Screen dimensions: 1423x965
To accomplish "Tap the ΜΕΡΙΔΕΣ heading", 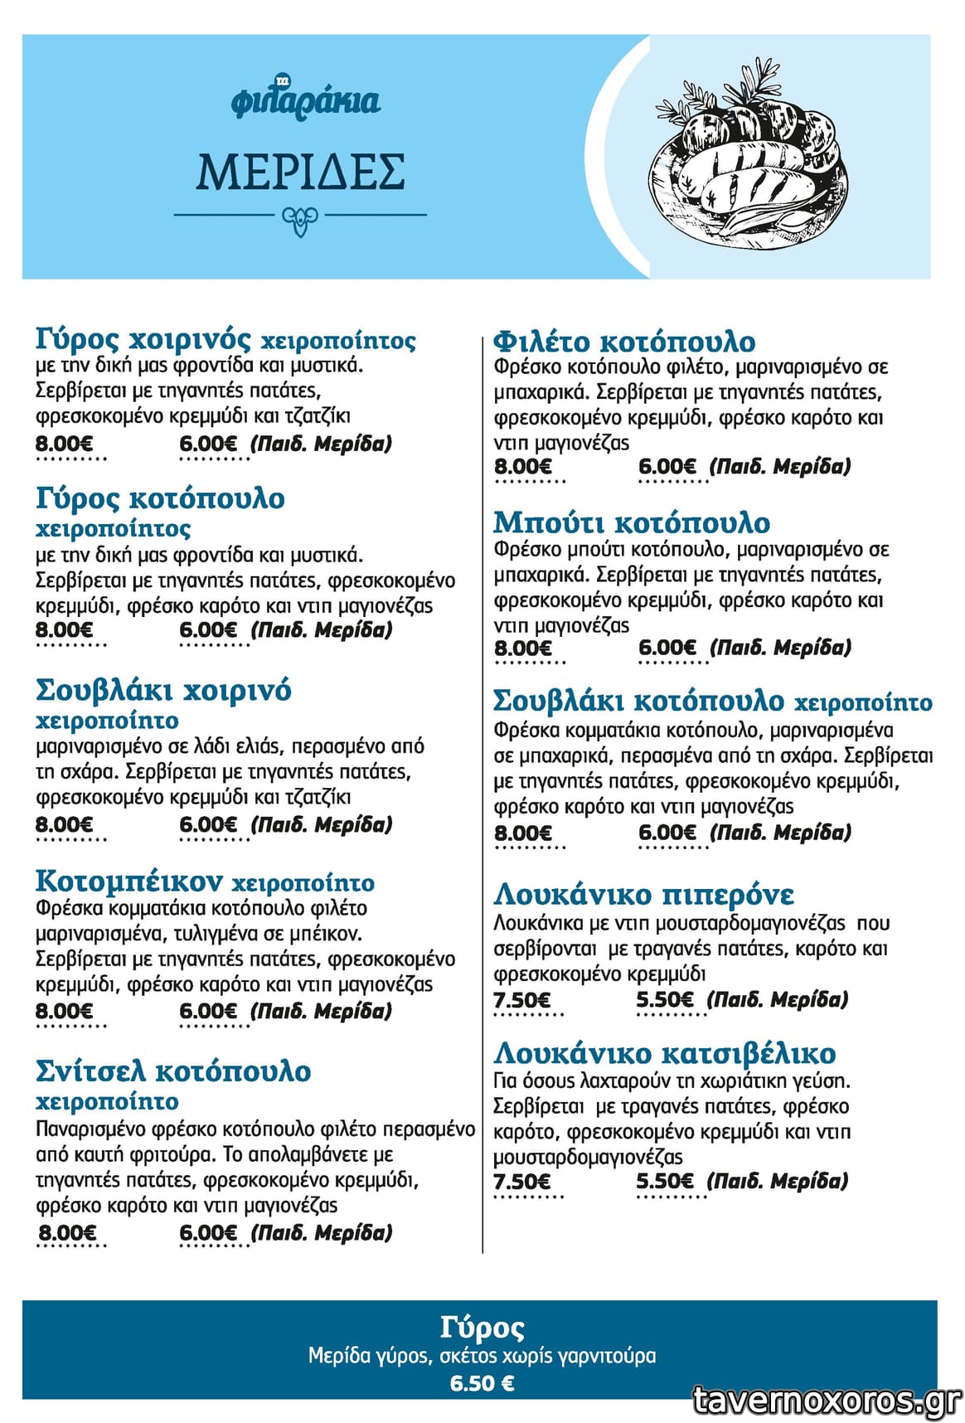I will click(x=300, y=171).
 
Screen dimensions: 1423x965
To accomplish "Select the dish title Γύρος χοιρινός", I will click(x=143, y=339).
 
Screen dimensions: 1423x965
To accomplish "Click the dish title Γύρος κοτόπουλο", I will click(x=160, y=498).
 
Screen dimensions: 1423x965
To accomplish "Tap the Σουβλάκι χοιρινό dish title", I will click(x=163, y=690).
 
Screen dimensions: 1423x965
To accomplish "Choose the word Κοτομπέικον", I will click(x=129, y=880).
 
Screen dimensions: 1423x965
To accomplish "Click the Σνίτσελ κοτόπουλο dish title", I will click(x=173, y=1071).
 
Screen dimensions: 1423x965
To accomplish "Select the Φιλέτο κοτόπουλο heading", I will click(x=624, y=342).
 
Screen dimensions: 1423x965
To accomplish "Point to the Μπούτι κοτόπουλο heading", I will click(x=632, y=522).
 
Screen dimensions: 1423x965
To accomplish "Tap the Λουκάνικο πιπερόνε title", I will click(x=643, y=895).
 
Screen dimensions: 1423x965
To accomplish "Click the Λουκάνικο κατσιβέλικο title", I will click(x=665, y=1053).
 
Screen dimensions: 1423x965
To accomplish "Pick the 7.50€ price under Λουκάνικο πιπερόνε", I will click(x=521, y=1000).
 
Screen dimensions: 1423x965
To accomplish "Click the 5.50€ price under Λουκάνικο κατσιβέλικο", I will click(x=665, y=1181).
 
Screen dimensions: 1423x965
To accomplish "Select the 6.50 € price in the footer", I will click(x=482, y=1383).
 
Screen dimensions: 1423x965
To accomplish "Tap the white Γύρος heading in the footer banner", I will click(x=482, y=1328).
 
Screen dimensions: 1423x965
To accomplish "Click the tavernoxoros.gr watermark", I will click(x=827, y=1400).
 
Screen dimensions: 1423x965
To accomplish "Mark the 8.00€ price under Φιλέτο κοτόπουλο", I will click(x=523, y=467).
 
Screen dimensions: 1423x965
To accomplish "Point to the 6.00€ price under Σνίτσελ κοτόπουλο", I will click(x=208, y=1233).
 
